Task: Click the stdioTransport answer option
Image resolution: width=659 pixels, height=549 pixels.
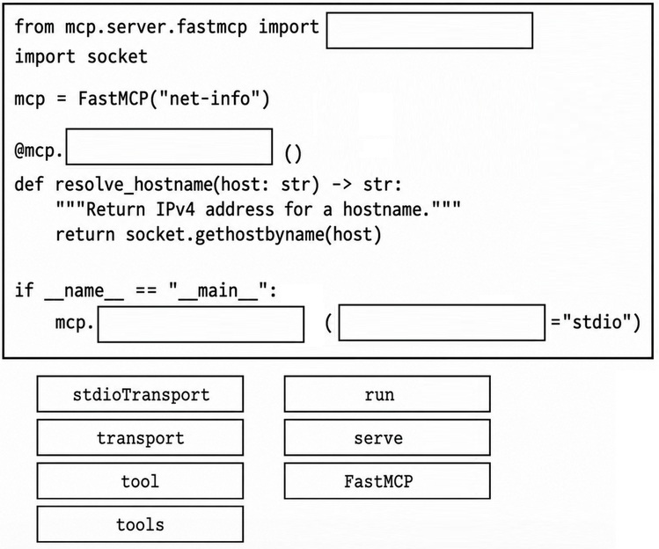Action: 140,394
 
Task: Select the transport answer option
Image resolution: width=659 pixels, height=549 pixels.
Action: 140,437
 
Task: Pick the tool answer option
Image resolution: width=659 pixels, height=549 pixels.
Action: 140,481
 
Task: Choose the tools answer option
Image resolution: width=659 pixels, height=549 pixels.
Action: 140,524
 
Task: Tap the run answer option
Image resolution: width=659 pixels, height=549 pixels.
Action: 387,394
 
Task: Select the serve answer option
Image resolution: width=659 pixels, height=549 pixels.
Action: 387,437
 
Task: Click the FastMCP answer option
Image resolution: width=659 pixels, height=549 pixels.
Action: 387,481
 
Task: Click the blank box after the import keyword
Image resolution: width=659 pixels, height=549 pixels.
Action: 429,30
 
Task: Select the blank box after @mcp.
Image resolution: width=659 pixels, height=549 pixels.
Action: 170,146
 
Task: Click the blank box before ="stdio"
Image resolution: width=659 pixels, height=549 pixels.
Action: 442,322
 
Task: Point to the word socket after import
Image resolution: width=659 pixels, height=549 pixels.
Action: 117,56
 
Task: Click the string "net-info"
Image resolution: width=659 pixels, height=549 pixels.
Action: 209,99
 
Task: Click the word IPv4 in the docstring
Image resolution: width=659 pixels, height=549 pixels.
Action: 175,209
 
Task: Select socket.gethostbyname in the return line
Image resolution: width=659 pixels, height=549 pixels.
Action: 225,235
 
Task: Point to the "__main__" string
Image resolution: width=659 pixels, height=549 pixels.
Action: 218,290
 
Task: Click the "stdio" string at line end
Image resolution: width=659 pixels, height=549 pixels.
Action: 597,322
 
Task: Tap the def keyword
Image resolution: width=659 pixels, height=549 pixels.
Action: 29,184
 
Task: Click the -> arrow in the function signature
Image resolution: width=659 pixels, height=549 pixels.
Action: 341,184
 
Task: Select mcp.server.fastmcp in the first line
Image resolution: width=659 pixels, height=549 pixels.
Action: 156,27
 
